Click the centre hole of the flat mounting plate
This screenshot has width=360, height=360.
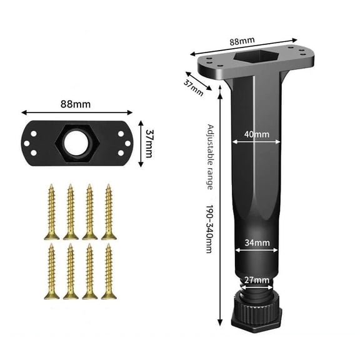pyautogui.click(x=77, y=143)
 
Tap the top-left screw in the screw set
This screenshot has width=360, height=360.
pyautogui.click(x=51, y=211)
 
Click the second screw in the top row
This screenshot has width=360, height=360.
pyautogui.click(x=70, y=211)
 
